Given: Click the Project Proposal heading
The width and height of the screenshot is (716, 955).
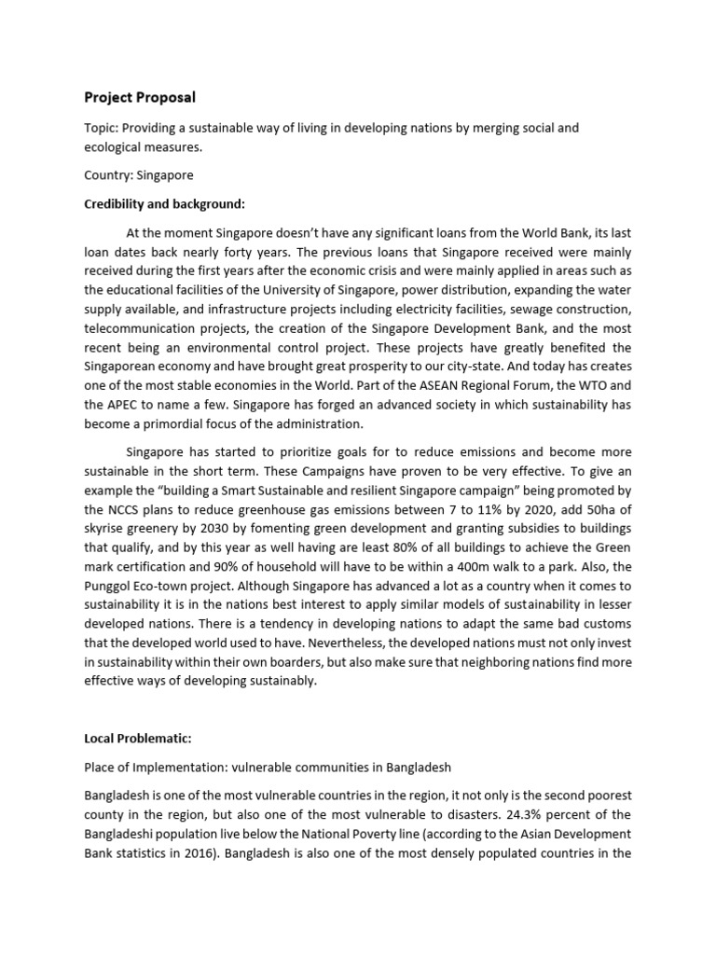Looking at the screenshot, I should pyautogui.click(x=141, y=97).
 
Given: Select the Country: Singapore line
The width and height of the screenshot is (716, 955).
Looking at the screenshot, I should pyautogui.click(x=139, y=175).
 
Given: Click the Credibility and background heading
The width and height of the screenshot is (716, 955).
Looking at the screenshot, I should pyautogui.click(x=166, y=204).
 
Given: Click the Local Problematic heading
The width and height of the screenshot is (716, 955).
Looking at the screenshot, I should pyautogui.click(x=138, y=739).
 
